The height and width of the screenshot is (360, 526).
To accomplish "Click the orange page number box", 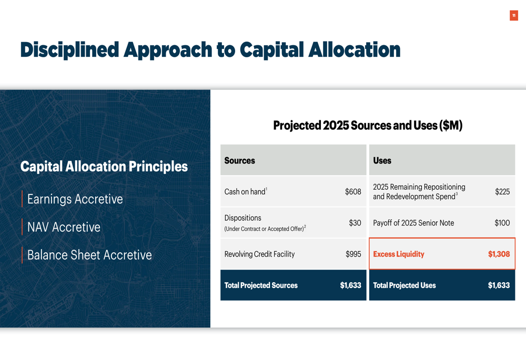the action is click(x=513, y=15).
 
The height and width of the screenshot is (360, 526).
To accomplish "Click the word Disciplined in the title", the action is click(x=70, y=49).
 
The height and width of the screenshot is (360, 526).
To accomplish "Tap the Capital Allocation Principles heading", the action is click(x=104, y=167).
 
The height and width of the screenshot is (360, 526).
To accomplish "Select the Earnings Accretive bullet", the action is click(x=75, y=199).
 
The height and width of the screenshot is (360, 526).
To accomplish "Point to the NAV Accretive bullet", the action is click(x=64, y=227).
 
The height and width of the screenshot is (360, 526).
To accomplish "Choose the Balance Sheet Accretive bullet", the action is click(x=89, y=255).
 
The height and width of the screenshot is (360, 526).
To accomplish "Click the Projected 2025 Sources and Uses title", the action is click(x=368, y=126).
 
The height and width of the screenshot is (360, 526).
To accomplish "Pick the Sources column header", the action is click(x=239, y=161).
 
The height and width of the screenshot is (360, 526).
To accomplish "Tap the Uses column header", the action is click(x=382, y=161).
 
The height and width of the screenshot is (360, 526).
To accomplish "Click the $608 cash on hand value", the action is click(x=353, y=192).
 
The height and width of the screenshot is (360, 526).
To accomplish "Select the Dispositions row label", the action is click(x=243, y=218).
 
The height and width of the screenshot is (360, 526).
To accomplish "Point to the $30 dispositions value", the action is click(x=355, y=223).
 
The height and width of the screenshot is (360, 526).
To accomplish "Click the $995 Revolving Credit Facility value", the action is click(x=353, y=254).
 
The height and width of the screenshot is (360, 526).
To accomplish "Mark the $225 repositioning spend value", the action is click(x=502, y=192).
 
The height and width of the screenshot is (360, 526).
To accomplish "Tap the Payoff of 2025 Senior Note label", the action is click(x=413, y=223).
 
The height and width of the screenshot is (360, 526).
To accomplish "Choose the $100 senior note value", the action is click(x=502, y=223).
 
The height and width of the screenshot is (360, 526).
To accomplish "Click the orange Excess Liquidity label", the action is click(x=399, y=254).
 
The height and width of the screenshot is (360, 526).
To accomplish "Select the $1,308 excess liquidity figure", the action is click(x=499, y=254).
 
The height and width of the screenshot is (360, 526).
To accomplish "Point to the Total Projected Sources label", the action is click(x=261, y=285).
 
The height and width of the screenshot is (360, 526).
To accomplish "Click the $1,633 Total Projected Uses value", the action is click(x=499, y=285).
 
